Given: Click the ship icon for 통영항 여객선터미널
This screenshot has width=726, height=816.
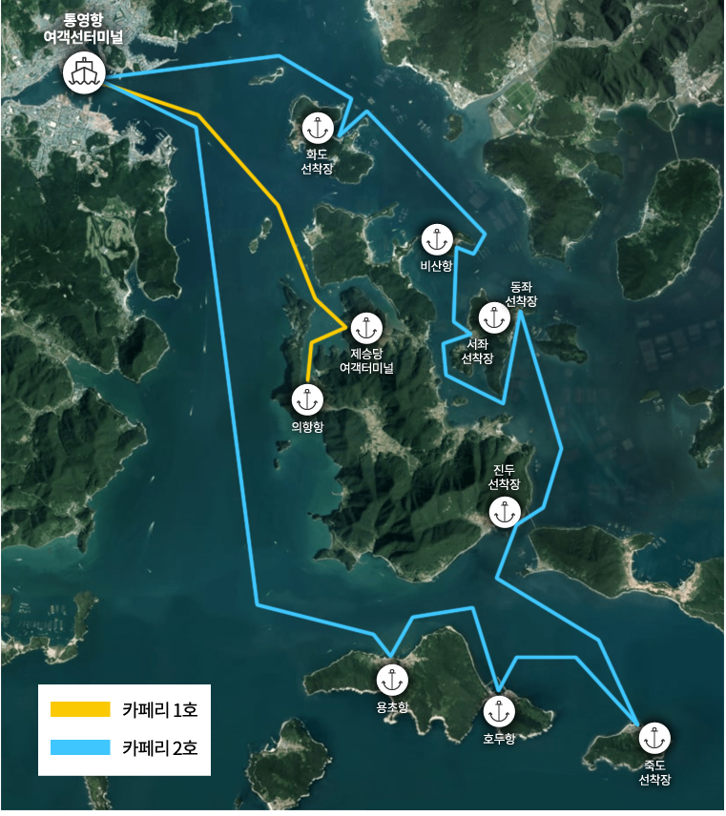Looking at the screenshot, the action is click(84, 71).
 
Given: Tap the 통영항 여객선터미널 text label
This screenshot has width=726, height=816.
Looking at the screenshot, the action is click(83, 28).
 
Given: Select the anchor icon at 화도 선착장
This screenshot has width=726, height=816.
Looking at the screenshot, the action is click(316, 127).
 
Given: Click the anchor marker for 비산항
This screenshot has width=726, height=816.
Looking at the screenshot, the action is click(435, 239).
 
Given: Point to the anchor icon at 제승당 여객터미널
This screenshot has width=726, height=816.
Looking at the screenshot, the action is click(365, 328).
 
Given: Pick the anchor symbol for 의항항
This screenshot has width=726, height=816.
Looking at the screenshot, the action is click(306, 399).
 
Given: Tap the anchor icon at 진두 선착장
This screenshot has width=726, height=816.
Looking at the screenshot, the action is click(504, 512).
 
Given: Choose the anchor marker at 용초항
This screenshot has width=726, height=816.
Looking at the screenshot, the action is click(392, 681).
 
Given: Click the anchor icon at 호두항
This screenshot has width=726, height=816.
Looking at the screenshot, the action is click(499, 711).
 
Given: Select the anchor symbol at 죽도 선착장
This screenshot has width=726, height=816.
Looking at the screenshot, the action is click(653, 738).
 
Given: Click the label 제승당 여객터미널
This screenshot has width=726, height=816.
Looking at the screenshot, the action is click(365, 358).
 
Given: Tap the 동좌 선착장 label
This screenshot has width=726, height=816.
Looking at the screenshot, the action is click(521, 293).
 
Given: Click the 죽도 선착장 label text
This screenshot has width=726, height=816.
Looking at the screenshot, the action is click(653, 771).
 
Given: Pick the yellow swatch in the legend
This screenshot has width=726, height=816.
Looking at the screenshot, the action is click(80, 709).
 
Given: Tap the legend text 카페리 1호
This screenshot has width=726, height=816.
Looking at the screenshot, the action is click(159, 709).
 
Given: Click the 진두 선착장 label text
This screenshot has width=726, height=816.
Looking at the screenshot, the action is click(504, 477).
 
